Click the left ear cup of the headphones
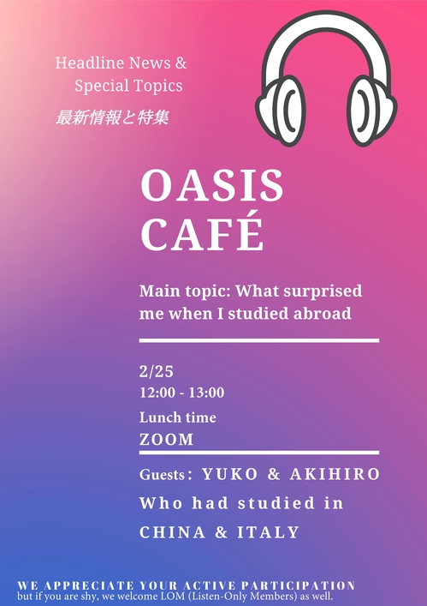pos(281,111)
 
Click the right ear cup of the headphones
pos(372,111)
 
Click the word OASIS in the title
pos(211,185)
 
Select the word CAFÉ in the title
pos(202,233)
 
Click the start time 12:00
pos(157,393)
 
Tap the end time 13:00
pos(206,393)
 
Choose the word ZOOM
pos(166,440)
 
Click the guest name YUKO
pos(229,474)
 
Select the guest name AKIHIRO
pos(335,474)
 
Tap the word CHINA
pos(172,532)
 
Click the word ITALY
pos(268,532)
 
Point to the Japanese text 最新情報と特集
pos(112,117)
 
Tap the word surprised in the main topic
pos(323,291)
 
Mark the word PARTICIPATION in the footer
pos(299,585)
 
